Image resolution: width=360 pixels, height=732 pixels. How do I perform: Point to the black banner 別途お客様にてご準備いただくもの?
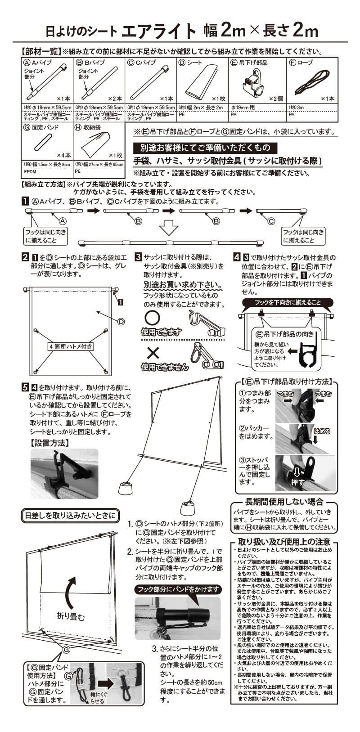pyautogui.click(x=205, y=148)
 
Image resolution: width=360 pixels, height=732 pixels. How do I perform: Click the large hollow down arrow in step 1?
pyautogui.click(x=169, y=227)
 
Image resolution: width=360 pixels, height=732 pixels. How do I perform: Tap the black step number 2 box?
pyautogui.click(x=26, y=258)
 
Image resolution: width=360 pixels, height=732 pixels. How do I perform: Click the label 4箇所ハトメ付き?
pyautogui.click(x=70, y=346)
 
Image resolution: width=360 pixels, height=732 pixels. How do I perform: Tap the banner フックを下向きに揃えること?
pyautogui.click(x=288, y=302)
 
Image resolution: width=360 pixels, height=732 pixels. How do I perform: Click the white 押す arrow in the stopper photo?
pyautogui.click(x=298, y=473)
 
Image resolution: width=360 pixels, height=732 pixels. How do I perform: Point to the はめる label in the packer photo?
pyautogui.click(x=322, y=431)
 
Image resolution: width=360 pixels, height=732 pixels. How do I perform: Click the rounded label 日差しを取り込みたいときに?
pyautogui.click(x=70, y=515)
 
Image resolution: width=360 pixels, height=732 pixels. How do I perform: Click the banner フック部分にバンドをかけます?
pyautogui.click(x=178, y=589)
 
